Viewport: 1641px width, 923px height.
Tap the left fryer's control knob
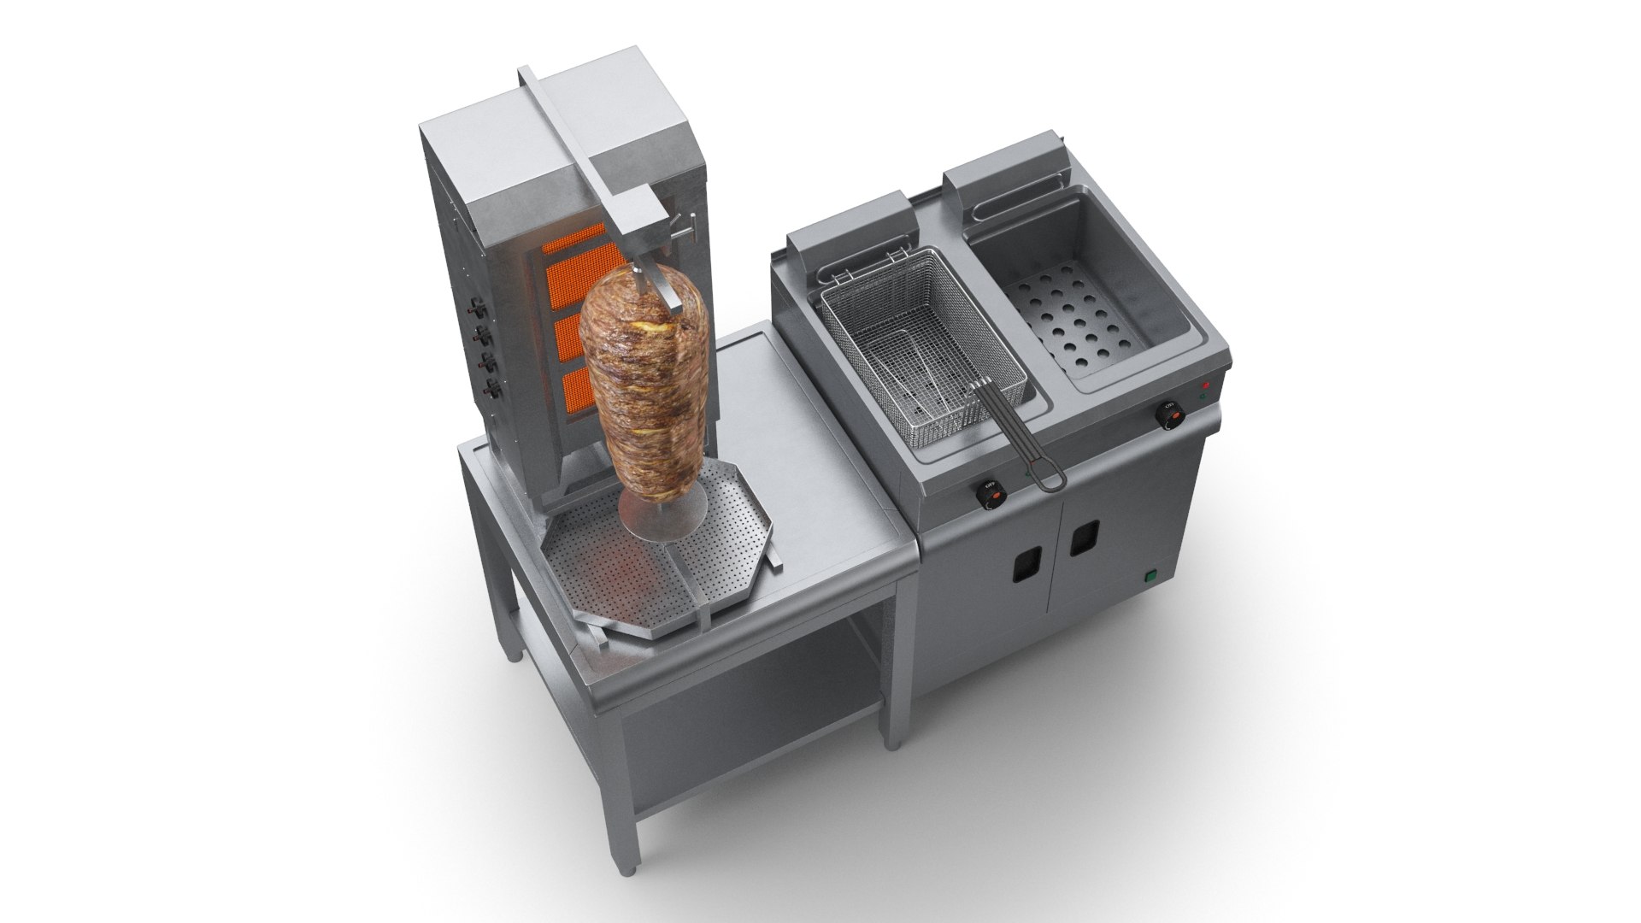991,492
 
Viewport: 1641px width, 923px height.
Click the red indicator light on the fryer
1207,385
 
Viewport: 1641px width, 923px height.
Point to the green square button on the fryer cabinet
1151,576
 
